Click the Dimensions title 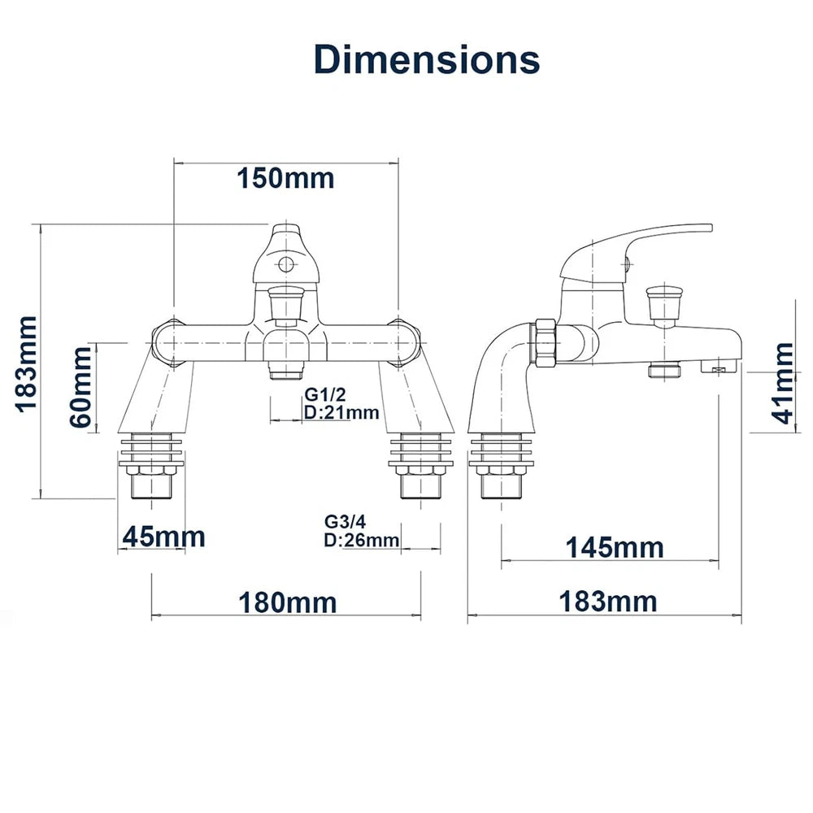point(427,59)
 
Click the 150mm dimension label point(285,178)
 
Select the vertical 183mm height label point(27,364)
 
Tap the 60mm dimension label point(80,387)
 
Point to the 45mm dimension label point(164,537)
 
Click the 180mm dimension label point(288,602)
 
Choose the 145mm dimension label point(615,547)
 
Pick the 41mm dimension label point(782,383)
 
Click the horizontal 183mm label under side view point(607,602)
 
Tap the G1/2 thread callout point(324,394)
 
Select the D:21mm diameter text point(341,413)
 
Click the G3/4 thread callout point(345,521)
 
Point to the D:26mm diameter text point(362,540)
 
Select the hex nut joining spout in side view point(546,344)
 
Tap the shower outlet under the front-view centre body point(285,371)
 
